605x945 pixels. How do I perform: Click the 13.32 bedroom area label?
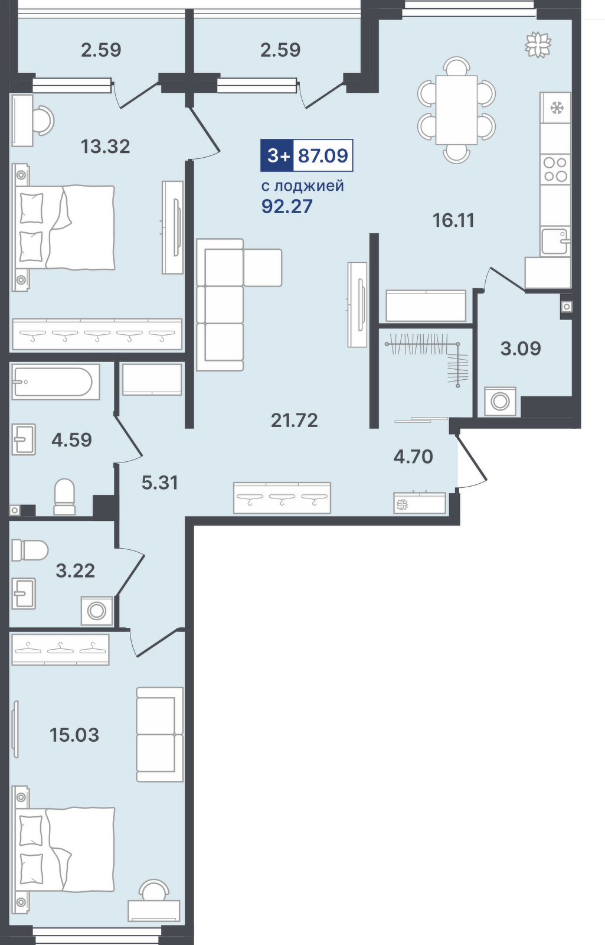coord(105,147)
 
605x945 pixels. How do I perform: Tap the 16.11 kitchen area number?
coord(454,220)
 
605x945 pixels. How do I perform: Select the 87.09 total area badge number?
coord(323,156)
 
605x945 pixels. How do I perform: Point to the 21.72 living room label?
coord(295,420)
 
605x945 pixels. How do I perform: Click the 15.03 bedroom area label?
coord(74,735)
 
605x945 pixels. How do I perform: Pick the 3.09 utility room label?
coord(521,348)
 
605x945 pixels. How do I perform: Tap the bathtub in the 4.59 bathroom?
coord(55,382)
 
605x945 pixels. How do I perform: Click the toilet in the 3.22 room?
coord(30,550)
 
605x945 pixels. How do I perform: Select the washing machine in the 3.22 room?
coord(97,611)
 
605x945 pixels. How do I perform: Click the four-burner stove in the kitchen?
coord(555,169)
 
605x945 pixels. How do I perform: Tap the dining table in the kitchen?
coord(457,110)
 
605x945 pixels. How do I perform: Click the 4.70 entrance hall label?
coord(413,457)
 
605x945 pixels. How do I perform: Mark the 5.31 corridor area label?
coord(160,483)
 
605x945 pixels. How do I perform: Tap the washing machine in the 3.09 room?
coord(501,401)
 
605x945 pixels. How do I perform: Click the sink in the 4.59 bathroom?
coord(24,439)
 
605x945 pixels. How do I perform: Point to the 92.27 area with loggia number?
coord(287,206)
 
